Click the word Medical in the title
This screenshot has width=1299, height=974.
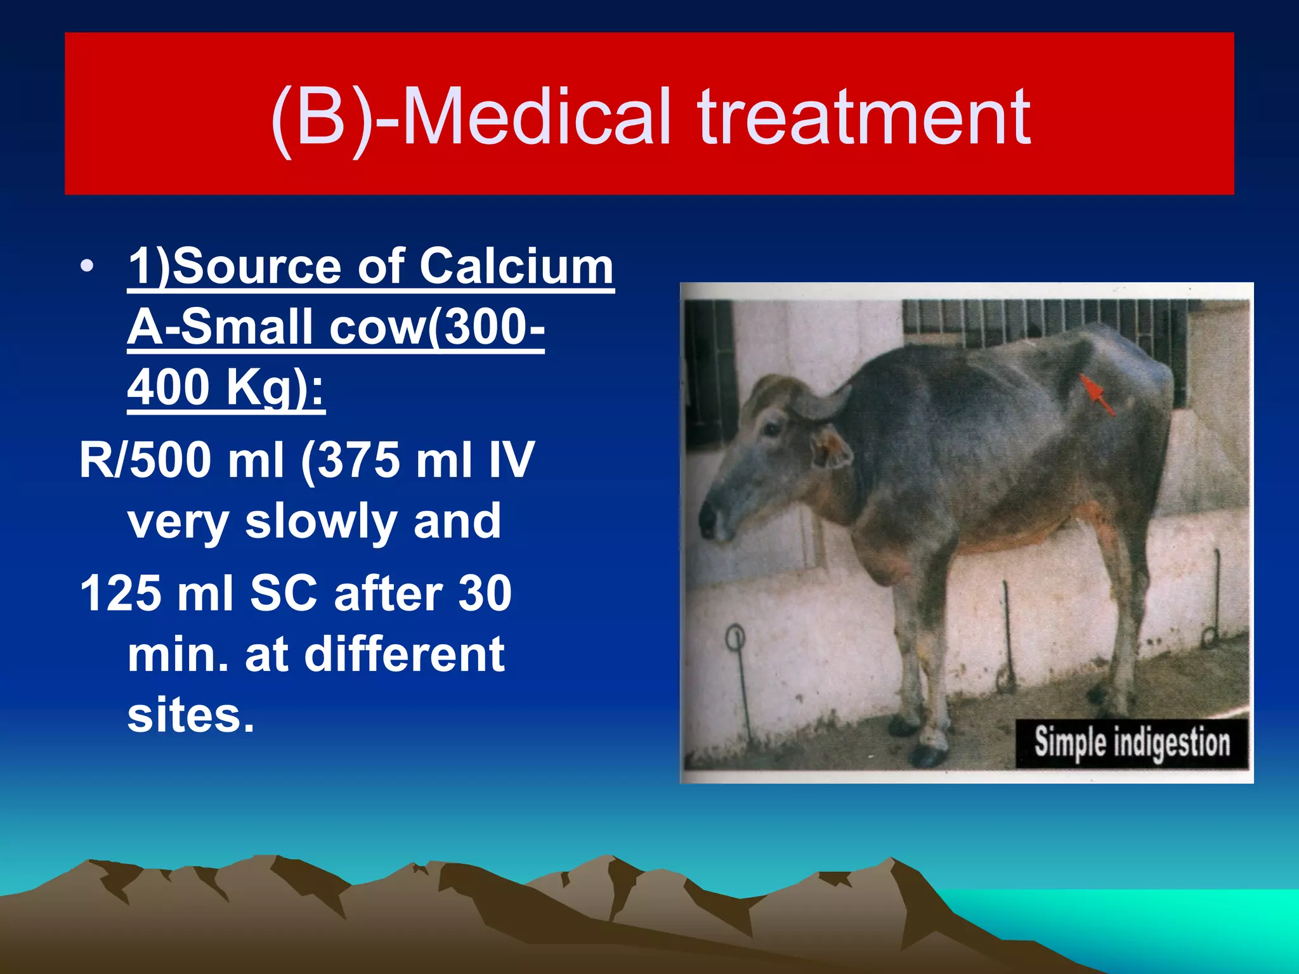click(x=536, y=117)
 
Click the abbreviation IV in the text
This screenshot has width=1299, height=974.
click(x=511, y=460)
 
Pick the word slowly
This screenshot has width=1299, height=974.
click(x=323, y=521)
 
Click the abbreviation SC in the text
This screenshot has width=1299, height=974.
click(x=283, y=594)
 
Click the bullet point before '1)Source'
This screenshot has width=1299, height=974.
click(x=87, y=266)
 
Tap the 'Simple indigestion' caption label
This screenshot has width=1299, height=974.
click(x=1132, y=743)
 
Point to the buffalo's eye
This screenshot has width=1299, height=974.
click(x=773, y=429)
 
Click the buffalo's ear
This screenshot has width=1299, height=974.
click(x=831, y=447)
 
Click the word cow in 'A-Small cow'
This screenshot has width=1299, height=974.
click(x=378, y=327)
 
